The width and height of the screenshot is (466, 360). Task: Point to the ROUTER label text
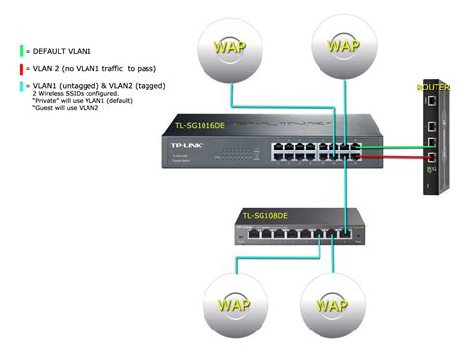[435, 87]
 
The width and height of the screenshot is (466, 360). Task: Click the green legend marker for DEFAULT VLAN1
[19, 47]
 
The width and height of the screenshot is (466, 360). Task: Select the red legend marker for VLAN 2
[19, 69]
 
